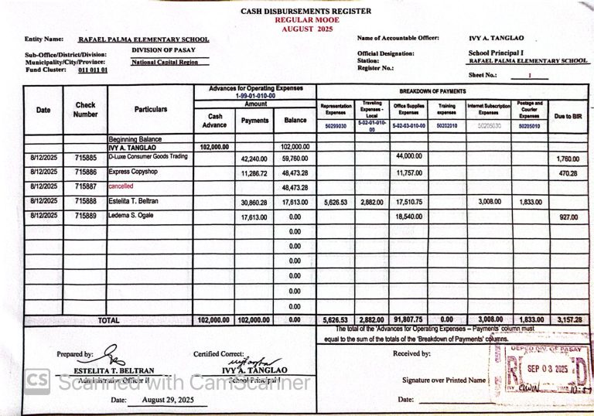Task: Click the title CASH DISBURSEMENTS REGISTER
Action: point(306,11)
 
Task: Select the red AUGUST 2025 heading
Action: point(306,28)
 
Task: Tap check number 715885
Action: point(85,158)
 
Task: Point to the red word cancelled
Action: point(121,186)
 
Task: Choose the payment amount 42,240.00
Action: point(254,158)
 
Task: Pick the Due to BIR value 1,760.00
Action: point(568,159)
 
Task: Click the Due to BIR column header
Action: point(568,116)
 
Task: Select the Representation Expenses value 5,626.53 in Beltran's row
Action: point(336,202)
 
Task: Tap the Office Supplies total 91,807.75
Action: point(410,319)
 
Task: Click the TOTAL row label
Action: point(108,319)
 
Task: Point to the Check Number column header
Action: point(85,110)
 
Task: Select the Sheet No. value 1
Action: point(529,76)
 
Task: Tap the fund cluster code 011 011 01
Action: point(93,70)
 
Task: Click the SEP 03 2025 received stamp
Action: point(541,369)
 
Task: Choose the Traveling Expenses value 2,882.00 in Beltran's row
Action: point(371,202)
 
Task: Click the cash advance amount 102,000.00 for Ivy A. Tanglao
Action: point(214,146)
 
